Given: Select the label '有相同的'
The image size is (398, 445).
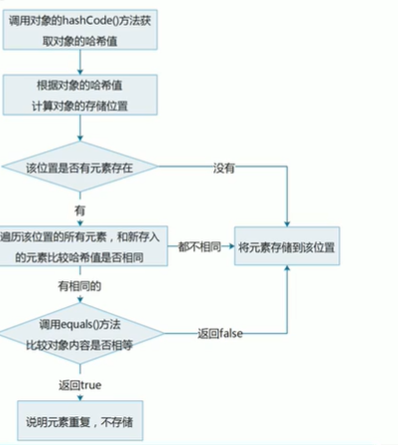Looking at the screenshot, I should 78,285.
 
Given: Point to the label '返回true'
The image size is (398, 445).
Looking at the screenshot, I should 79,383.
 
